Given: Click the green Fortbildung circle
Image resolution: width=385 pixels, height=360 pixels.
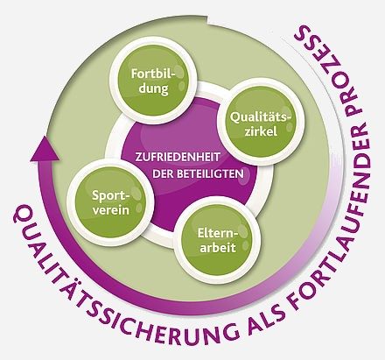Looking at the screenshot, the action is [x=152, y=80].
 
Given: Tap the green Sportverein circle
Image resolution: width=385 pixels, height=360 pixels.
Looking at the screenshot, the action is [x=111, y=202].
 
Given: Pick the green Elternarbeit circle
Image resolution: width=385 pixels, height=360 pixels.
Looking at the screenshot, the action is [x=217, y=240].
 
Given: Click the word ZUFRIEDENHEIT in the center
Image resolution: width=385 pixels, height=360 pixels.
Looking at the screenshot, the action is [x=177, y=157].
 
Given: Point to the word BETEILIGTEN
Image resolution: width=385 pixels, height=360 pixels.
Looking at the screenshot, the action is [x=210, y=174].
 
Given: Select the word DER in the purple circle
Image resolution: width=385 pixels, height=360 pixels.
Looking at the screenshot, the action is [x=164, y=174].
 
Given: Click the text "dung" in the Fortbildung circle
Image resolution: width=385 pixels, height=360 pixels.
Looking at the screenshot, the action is [x=153, y=88].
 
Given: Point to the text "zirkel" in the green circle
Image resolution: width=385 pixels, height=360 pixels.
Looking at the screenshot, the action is [x=261, y=131].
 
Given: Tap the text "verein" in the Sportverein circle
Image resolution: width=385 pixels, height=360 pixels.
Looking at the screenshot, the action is [x=111, y=210].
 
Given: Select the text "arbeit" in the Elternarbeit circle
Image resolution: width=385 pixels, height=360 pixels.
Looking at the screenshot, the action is [x=217, y=248].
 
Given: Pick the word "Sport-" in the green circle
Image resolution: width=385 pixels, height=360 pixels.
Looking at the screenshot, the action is [x=110, y=195].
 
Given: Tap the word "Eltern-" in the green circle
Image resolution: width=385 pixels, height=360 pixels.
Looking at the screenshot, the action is [x=218, y=233].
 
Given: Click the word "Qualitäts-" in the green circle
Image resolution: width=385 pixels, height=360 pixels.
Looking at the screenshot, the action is [x=261, y=117].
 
